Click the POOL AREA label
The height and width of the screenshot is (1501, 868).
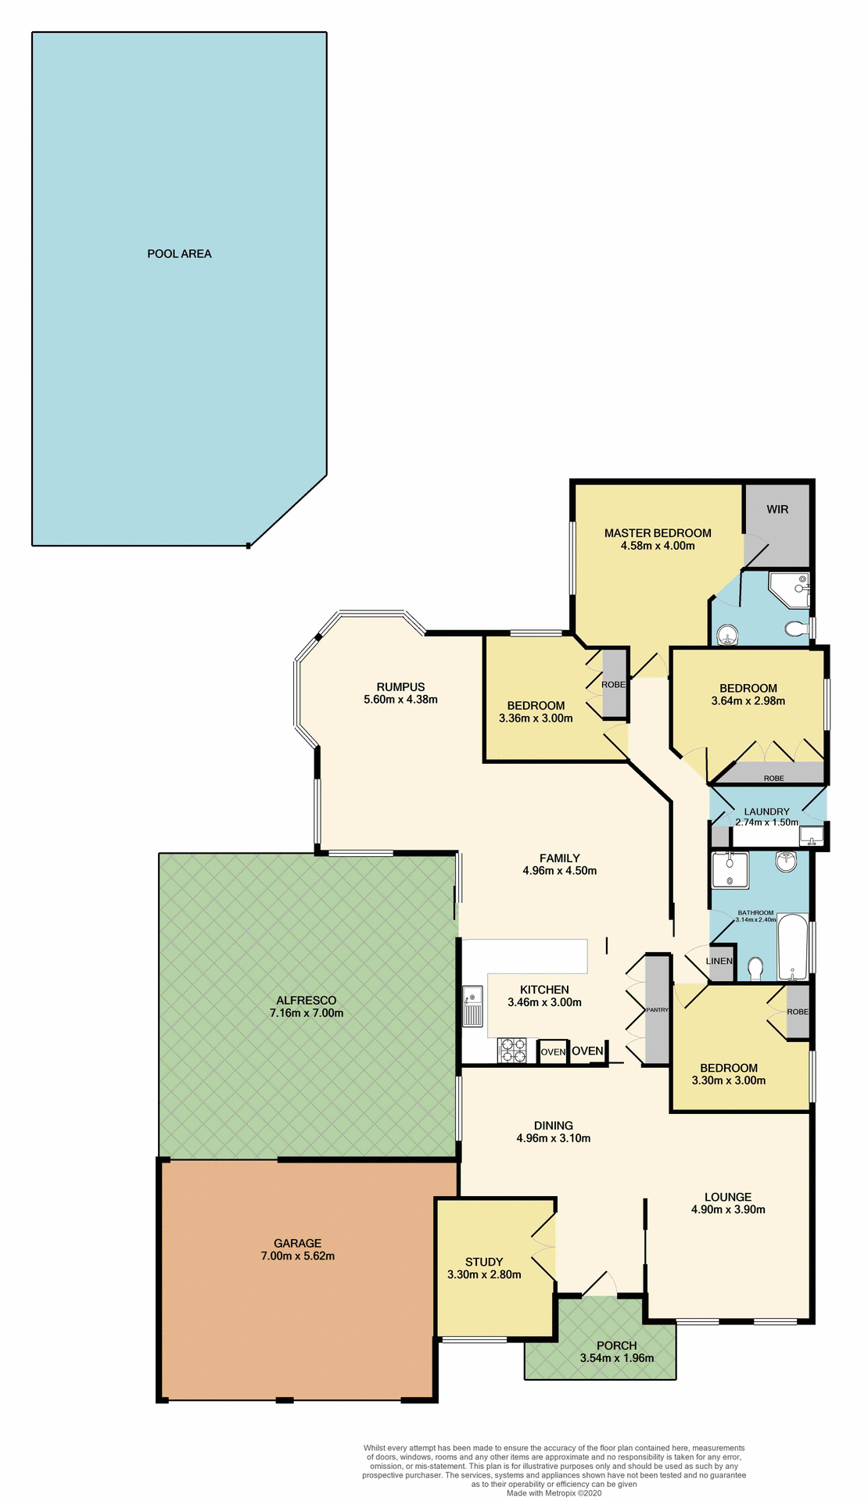pyautogui.click(x=179, y=254)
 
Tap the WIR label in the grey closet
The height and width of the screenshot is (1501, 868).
pyautogui.click(x=777, y=510)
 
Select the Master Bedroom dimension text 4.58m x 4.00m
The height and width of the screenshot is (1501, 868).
pyautogui.click(x=657, y=546)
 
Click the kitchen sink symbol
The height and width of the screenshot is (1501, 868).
pyautogui.click(x=472, y=1007)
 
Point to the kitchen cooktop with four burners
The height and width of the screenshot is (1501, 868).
pyautogui.click(x=513, y=1050)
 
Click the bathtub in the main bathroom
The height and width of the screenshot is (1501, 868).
pyautogui.click(x=792, y=947)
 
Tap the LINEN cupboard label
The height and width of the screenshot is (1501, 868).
pyautogui.click(x=719, y=961)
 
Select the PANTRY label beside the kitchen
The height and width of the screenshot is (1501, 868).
pyautogui.click(x=657, y=1010)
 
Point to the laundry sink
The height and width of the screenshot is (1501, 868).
pyautogui.click(x=812, y=836)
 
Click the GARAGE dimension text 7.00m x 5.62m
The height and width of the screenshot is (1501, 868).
pyautogui.click(x=297, y=1256)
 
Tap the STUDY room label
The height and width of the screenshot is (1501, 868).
pyautogui.click(x=483, y=1262)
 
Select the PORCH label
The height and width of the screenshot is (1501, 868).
pyautogui.click(x=616, y=1345)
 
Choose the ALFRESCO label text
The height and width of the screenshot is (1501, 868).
pyautogui.click(x=306, y=1000)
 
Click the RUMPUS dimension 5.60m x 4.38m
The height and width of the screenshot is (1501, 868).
pyautogui.click(x=400, y=700)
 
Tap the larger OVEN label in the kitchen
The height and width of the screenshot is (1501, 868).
pyautogui.click(x=587, y=1051)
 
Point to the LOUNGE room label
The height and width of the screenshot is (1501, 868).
pyautogui.click(x=727, y=1197)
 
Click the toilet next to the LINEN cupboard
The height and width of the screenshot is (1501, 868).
pyautogui.click(x=755, y=969)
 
